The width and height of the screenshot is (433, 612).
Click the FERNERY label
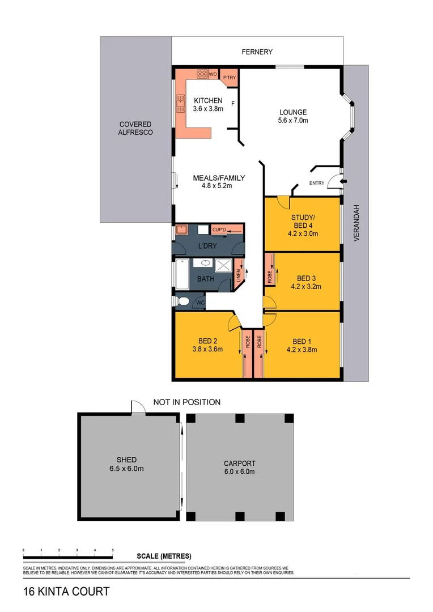(257, 52)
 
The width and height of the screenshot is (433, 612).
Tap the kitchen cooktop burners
(202, 74)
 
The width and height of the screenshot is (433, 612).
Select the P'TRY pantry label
(229, 78)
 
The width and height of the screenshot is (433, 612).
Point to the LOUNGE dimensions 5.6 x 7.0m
(292, 121)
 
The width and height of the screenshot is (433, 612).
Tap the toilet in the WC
(182, 301)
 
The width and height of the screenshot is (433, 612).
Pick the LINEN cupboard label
(239, 274)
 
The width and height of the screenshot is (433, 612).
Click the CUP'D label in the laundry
(219, 229)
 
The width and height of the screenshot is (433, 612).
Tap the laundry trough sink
(182, 229)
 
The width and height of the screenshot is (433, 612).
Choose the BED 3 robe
(270, 277)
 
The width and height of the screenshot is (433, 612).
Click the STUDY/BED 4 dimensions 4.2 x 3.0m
(303, 233)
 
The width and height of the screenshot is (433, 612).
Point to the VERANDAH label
(356, 223)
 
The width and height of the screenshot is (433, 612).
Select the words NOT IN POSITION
(186, 402)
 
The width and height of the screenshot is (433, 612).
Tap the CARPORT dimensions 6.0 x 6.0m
(239, 472)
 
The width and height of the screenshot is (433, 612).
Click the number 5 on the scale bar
(113, 550)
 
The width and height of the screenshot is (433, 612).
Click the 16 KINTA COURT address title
(66, 592)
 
